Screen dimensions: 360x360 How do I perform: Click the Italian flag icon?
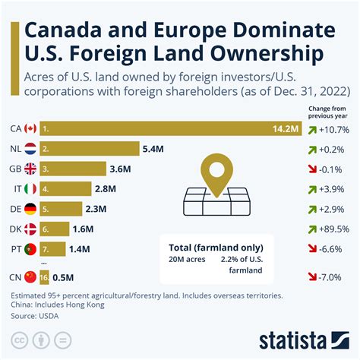coord(30,188)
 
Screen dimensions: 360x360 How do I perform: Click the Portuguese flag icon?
coord(30,248)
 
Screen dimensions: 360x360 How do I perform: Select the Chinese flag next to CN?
coord(30,276)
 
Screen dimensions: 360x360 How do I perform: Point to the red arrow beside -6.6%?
coord(313,248)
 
